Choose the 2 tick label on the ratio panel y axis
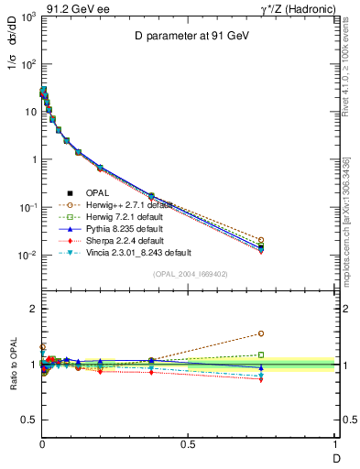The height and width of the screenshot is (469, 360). pos(31,309)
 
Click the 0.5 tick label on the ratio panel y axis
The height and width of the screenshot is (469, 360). pos(26,420)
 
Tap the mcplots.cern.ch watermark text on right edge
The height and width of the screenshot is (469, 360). pos(351,229)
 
